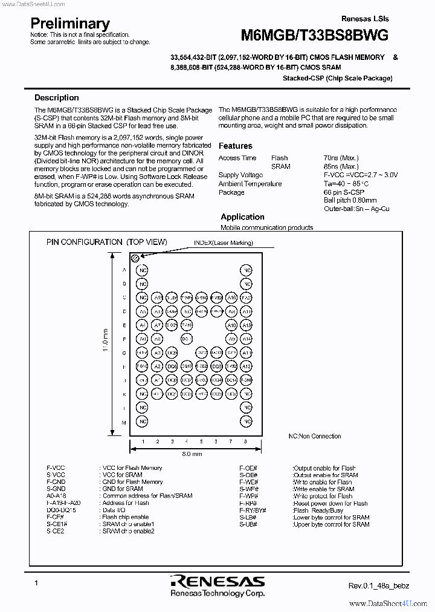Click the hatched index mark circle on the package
click(x=136, y=258)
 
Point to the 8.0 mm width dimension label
click(x=192, y=453)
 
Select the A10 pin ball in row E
click(x=231, y=325)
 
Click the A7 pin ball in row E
click(x=157, y=325)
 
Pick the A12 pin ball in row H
click(x=246, y=367)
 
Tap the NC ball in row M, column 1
click(x=143, y=422)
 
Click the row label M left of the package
click(x=124, y=422)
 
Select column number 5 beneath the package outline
click(x=201, y=442)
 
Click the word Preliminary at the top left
click(x=70, y=24)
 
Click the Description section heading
click(x=56, y=97)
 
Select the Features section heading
click(x=235, y=146)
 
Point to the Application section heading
click(x=242, y=216)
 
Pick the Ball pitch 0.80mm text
click(x=350, y=200)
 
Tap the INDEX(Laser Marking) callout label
click(x=223, y=243)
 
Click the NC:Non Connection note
click(x=314, y=436)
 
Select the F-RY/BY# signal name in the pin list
click(x=252, y=510)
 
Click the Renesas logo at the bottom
click(x=217, y=582)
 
